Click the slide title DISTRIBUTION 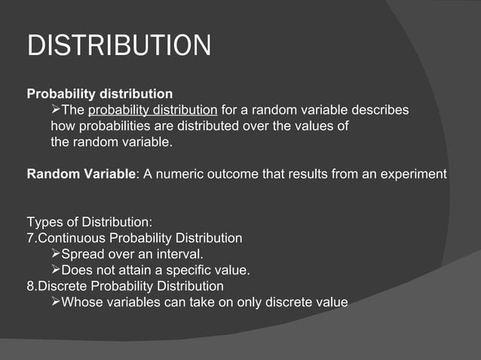click(x=119, y=46)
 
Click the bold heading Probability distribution click(x=100, y=94)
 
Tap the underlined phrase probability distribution click(x=152, y=110)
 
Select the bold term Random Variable click(x=81, y=175)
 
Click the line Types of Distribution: click(x=90, y=222)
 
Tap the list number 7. click(x=30, y=238)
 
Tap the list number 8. click(x=30, y=286)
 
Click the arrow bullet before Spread click(x=55, y=254)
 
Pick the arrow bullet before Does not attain click(x=55, y=270)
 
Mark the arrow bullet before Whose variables click(x=55, y=302)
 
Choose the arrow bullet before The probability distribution click(x=55, y=110)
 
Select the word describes click(x=381, y=110)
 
